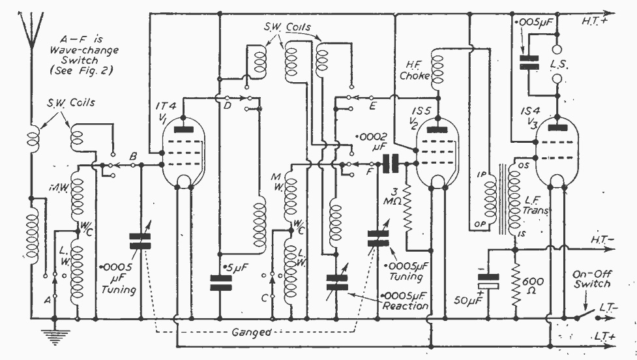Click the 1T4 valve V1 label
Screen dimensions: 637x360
click(166, 111)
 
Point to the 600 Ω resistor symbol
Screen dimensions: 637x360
click(516, 284)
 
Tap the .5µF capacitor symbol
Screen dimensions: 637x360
click(220, 283)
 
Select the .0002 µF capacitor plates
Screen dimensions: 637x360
click(391, 163)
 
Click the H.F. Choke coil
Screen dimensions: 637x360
click(437, 70)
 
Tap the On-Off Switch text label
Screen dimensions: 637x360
click(592, 279)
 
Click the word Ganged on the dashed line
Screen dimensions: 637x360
click(252, 332)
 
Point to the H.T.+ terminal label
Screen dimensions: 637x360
click(594, 21)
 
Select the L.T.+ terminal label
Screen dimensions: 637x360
click(605, 337)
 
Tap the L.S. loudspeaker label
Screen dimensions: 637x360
click(559, 64)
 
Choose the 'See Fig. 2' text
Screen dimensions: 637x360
click(81, 70)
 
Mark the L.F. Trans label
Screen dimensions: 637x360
click(535, 205)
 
